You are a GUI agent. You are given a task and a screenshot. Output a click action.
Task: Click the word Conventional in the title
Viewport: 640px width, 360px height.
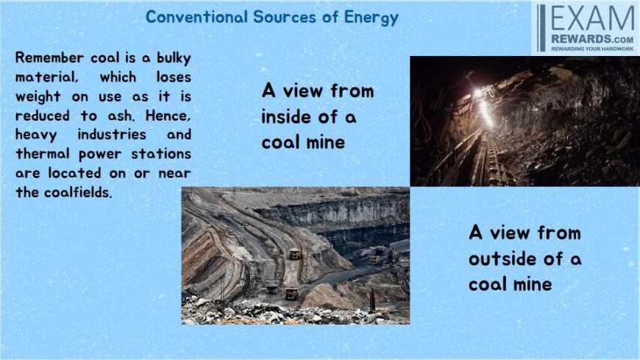pos(196,17)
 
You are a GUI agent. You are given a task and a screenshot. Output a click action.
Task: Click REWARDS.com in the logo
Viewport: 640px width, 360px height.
pos(592,39)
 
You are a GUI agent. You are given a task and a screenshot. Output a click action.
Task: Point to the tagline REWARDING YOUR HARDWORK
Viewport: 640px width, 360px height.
pos(592,49)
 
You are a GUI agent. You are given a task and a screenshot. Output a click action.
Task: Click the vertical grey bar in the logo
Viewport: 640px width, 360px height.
pos(541,28)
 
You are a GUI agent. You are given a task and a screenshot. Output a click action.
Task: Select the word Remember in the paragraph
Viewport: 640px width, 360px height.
pos(49,57)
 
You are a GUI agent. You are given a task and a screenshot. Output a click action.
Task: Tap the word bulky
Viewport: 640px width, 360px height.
pos(174,58)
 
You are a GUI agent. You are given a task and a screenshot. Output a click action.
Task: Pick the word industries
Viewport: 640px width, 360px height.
pos(111,135)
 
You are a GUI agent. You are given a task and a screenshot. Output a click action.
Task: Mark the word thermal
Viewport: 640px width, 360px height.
pos(43,154)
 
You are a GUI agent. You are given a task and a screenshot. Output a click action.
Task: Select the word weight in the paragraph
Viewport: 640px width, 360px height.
pos(38,97)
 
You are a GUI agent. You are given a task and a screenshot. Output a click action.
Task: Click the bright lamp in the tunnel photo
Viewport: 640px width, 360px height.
pos(477,93)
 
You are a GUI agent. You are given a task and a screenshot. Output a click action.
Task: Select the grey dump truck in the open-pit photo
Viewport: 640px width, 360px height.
pos(272,286)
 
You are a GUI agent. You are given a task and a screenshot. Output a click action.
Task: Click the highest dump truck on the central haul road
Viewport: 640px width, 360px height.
pos(294,254)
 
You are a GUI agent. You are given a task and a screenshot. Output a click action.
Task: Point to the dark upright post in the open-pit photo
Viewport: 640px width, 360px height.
pos(372,300)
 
